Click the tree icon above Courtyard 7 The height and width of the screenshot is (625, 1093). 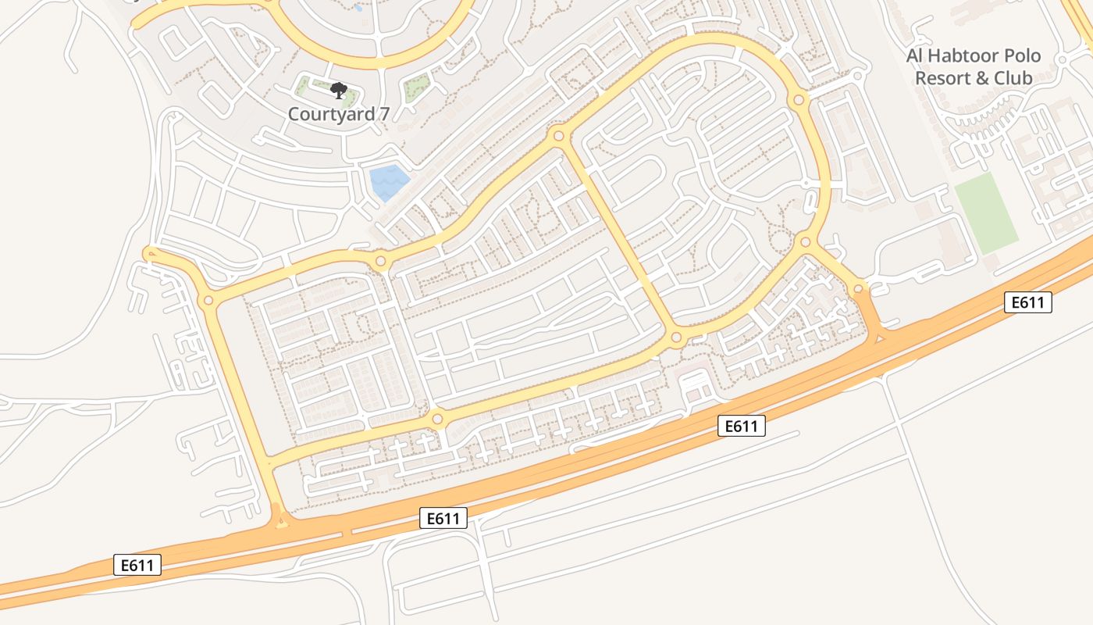[338, 91]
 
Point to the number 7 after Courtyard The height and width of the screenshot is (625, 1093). [383, 114]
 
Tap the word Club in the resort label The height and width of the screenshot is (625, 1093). [1013, 78]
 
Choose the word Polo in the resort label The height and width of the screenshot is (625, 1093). [1020, 56]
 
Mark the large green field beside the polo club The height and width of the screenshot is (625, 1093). [986, 212]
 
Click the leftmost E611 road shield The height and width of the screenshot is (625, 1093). [137, 565]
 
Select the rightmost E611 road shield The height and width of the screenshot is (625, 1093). [1028, 302]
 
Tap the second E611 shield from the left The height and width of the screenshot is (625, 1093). [443, 517]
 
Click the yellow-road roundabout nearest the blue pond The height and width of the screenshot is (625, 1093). [380, 262]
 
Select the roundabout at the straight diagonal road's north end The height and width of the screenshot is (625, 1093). [558, 137]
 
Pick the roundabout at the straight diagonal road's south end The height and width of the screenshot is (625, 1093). [676, 338]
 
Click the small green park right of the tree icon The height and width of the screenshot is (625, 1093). [416, 87]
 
